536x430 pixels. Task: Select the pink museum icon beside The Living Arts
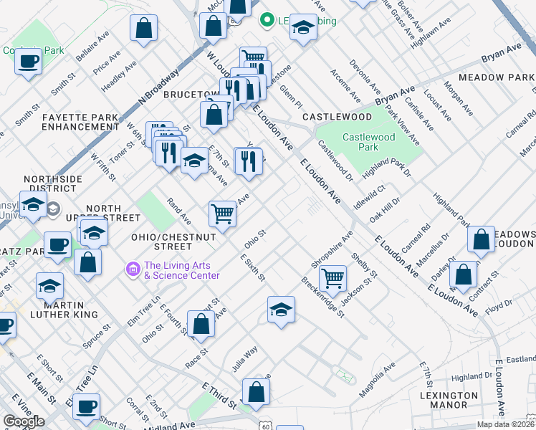133,269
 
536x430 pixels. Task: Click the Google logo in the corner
24,421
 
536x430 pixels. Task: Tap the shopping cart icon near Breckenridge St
332,277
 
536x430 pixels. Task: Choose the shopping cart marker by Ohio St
223,213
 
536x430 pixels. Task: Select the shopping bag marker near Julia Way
256,392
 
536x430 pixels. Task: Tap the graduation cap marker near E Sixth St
282,310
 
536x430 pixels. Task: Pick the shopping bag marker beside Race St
201,324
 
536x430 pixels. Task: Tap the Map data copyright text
504,424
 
